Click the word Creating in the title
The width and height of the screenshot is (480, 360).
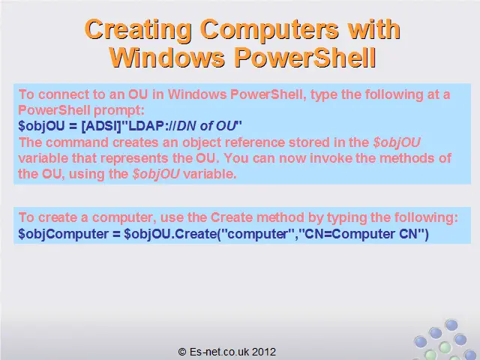[138, 30]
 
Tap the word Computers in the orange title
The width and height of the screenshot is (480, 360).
[270, 30]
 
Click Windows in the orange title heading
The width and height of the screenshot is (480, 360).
[167, 58]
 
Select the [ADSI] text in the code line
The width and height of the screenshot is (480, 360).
[102, 126]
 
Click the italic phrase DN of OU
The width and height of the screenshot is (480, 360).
[206, 126]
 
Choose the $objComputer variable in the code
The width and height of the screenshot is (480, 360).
[63, 235]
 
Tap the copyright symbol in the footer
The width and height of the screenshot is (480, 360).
[182, 352]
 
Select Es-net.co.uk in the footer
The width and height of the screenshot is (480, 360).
[219, 352]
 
